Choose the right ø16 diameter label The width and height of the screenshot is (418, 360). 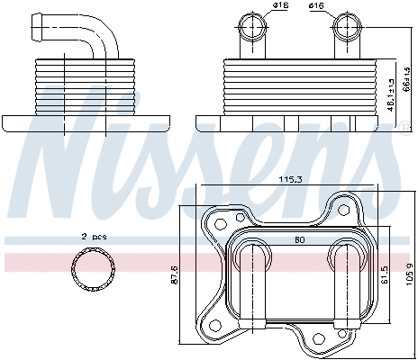click(317, 7)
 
